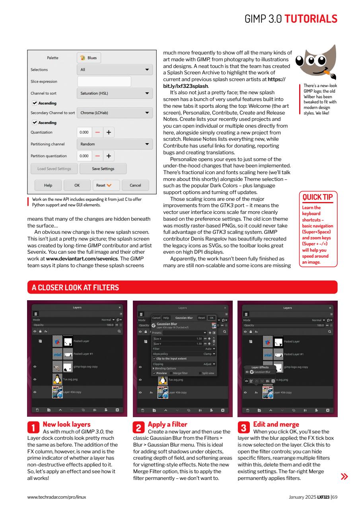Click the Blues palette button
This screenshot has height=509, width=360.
coord(89,58)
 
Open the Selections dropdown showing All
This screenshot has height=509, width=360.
coord(115,70)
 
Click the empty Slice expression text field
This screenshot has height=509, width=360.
coord(104,82)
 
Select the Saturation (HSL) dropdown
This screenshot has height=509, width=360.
coord(115,93)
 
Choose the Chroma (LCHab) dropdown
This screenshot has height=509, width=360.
coord(115,113)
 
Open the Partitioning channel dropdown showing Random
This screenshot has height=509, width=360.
coord(115,144)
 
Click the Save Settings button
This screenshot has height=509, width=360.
coord(103,169)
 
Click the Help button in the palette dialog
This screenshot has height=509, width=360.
coord(48,185)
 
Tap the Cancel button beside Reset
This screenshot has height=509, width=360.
coord(135,185)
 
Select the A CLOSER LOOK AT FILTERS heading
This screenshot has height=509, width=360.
coord(75,287)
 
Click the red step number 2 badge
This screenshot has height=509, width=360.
coord(138,427)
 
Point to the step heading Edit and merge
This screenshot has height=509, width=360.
coord(276,424)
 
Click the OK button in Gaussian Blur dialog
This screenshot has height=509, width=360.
coord(211,318)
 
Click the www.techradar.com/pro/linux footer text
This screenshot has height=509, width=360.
coord(56,497)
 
